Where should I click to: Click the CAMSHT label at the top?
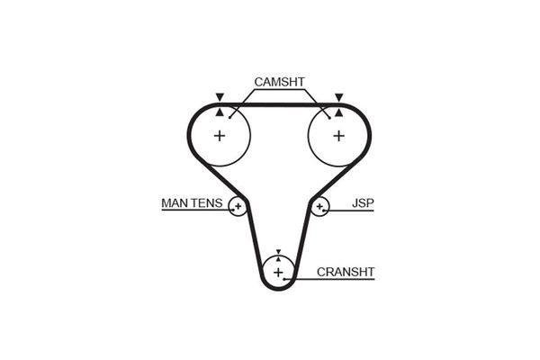point(279,82)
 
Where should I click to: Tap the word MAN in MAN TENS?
point(175,203)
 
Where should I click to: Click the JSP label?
point(363,203)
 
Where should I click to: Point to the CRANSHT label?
point(346,272)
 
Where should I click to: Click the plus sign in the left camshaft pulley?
point(220,136)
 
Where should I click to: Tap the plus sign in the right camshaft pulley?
point(339,136)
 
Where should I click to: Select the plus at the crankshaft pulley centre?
point(278,273)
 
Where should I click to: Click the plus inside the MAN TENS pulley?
point(238,207)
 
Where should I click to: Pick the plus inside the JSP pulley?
point(319,207)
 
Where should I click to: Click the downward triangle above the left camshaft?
point(220,97)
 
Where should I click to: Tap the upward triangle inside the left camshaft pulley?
point(220,112)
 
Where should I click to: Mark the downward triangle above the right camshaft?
point(339,97)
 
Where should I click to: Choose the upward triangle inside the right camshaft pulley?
point(339,112)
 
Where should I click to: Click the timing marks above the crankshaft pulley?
point(278,256)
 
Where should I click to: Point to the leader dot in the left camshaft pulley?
point(229,118)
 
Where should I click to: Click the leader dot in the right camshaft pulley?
point(329,118)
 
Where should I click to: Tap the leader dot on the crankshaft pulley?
point(284,279)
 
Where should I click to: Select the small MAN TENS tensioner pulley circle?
point(229,207)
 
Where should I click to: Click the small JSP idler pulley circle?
point(329,207)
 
